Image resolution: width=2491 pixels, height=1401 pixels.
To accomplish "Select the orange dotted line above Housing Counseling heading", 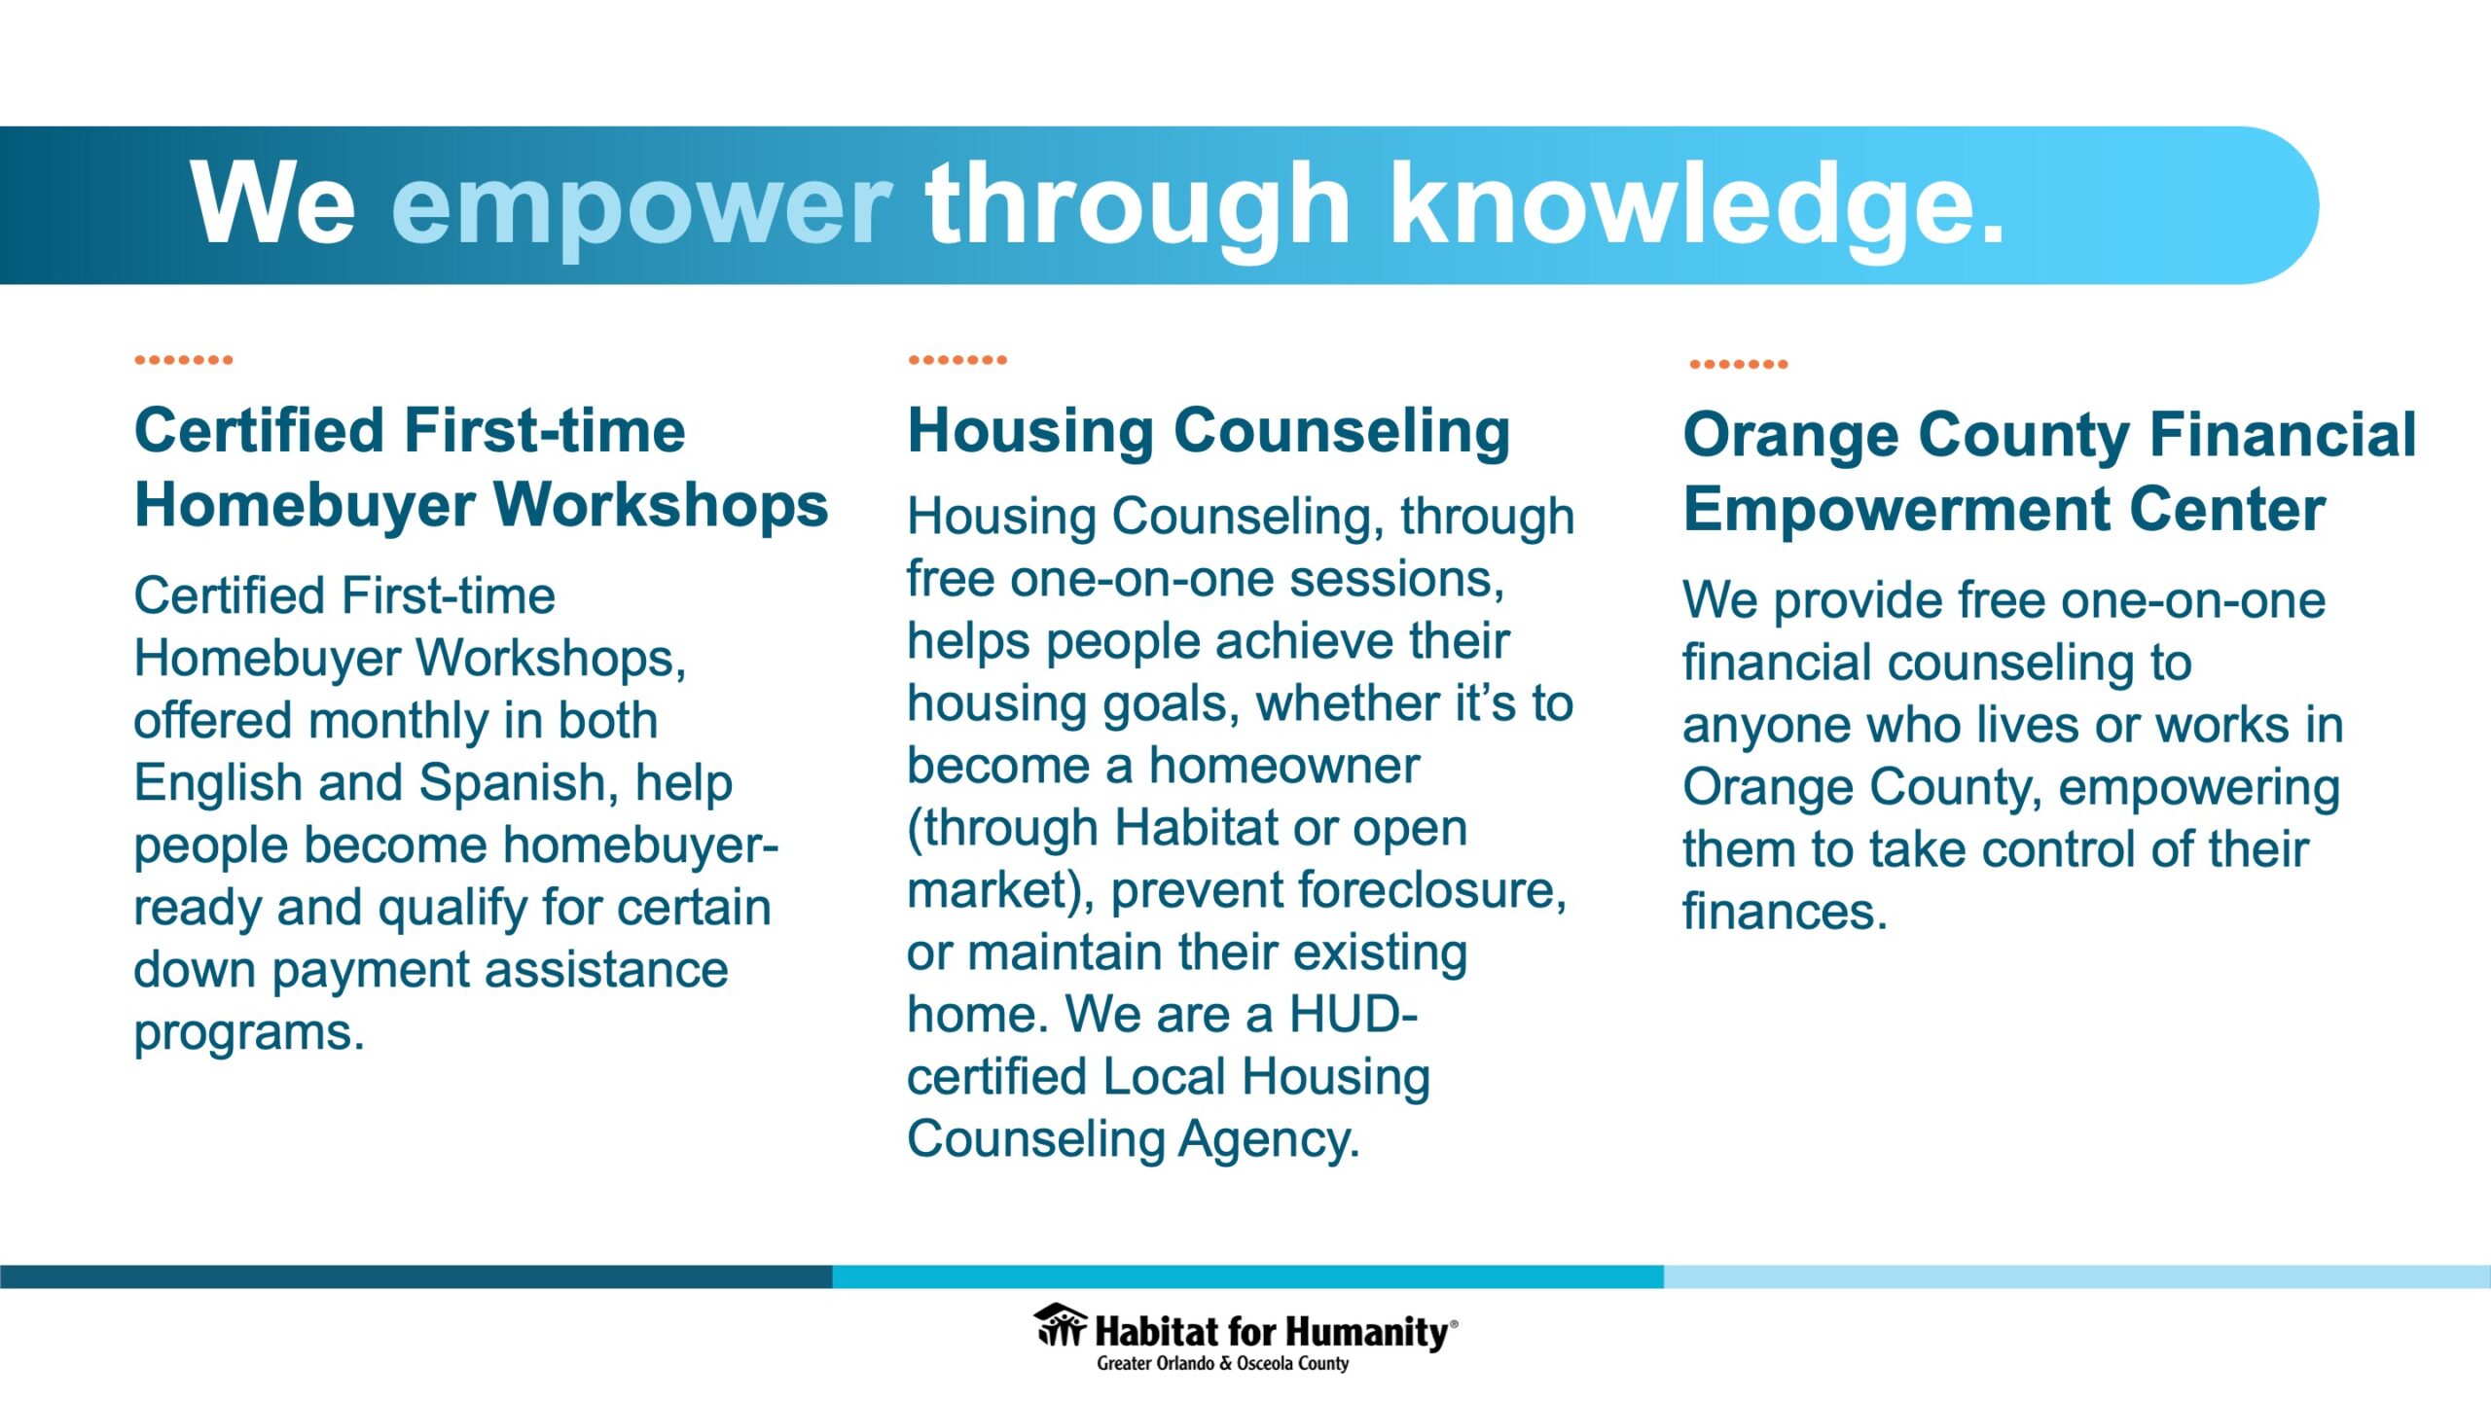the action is pos(957,360).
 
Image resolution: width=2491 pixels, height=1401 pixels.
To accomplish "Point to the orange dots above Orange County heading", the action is pos(1739,364).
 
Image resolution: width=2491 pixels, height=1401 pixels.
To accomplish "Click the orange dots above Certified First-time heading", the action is pos(184,360).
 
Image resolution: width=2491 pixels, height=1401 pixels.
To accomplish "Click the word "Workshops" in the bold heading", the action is pos(661,506).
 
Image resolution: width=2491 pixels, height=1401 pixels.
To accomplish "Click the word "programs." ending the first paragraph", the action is pos(249,1033).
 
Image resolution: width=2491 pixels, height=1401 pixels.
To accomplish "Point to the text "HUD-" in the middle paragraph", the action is pos(1354,1015).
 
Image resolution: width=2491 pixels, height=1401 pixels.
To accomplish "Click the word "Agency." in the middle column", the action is pos(1269,1140).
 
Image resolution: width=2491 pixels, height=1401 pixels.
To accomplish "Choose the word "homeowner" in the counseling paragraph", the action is pos(1284,766).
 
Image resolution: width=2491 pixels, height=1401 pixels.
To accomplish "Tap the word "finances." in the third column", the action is pos(1785,912).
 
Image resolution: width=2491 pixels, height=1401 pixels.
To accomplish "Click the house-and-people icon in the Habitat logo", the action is pos(1061,1325).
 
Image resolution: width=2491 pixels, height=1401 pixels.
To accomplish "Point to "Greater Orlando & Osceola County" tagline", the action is pos(1223,1363).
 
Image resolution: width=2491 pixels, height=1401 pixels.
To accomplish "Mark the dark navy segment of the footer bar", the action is pos(416,1276).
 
